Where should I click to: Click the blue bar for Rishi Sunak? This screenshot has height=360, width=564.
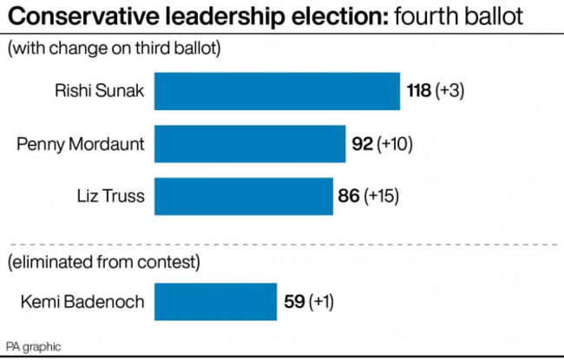[x=277, y=91]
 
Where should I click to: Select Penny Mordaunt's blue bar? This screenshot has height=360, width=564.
[x=249, y=144]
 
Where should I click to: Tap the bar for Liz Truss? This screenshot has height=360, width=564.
[x=243, y=197]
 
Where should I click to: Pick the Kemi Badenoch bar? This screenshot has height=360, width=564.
[x=215, y=302]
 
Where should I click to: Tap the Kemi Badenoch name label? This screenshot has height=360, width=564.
[x=81, y=302]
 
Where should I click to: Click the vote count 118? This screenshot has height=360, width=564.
[x=419, y=91]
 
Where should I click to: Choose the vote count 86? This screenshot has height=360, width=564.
[x=349, y=197]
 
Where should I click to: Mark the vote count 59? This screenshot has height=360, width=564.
[x=294, y=302]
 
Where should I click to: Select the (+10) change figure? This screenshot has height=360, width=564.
[x=395, y=144]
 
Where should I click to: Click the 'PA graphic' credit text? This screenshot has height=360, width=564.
[x=34, y=346]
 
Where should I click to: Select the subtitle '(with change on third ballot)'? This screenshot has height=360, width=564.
[x=114, y=49]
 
